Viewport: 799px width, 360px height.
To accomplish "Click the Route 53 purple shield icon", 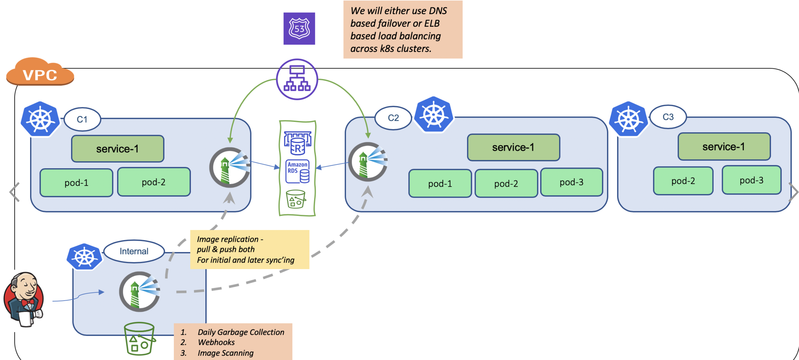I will click(299, 29).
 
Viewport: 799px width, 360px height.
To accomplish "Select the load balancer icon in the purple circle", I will click(297, 79).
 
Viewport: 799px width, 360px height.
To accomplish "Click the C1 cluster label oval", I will click(82, 119).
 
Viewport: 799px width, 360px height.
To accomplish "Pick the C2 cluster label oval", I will click(393, 118).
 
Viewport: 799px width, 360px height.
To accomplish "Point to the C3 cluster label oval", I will click(668, 117).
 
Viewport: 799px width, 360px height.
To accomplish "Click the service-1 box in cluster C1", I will click(117, 149).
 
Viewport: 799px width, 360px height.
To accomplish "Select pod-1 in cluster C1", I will click(76, 183).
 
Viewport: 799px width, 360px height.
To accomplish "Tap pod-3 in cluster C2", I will click(571, 182).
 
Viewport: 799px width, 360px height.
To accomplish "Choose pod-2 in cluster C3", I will click(683, 181).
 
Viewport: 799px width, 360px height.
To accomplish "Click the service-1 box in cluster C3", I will click(724, 147).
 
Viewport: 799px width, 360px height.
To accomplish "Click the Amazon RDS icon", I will click(297, 171).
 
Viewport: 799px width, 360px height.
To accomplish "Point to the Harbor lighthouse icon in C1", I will click(230, 167).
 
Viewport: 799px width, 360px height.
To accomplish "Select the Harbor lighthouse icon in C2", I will click(368, 162).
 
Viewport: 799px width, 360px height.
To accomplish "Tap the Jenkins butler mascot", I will click(24, 299).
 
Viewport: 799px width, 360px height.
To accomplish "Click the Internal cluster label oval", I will click(134, 251).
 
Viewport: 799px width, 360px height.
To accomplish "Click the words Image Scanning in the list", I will click(226, 353).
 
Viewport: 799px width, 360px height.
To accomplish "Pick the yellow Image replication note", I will click(249, 249).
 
